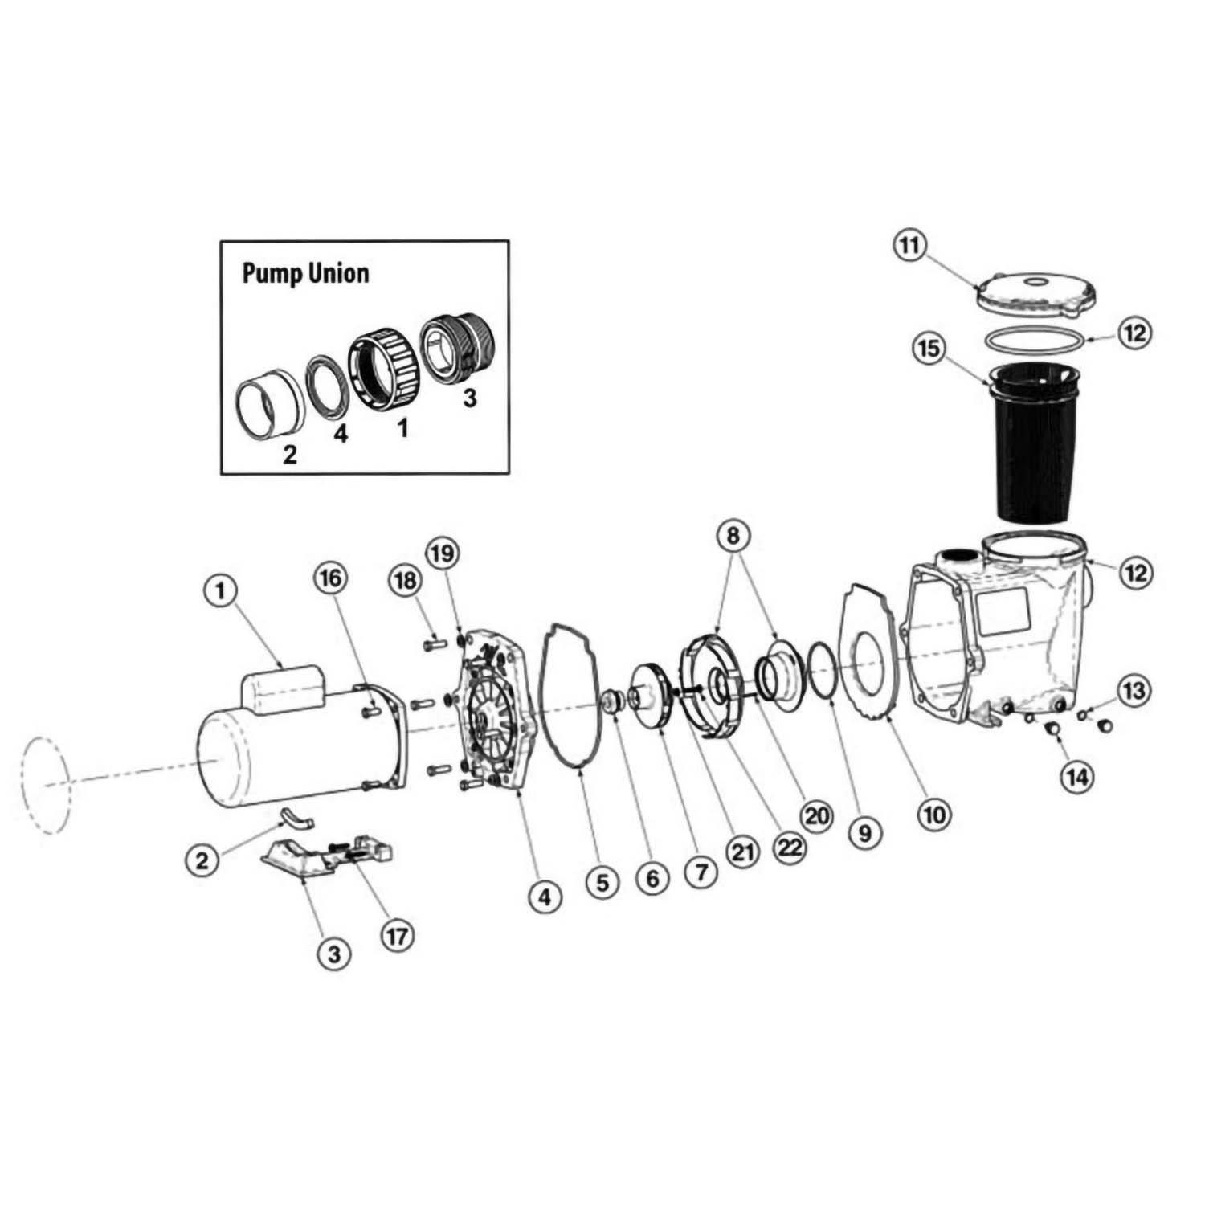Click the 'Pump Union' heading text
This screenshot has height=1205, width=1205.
coord(305,273)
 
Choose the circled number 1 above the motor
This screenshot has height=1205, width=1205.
coord(220,591)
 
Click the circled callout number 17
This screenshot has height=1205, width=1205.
coord(398,935)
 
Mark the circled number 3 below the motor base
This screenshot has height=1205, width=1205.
coord(333,954)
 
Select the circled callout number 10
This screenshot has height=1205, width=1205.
coord(933,815)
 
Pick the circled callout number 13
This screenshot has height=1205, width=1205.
coord(1134,691)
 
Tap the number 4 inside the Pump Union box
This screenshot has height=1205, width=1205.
coord(341,435)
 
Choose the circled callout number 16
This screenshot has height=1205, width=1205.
coord(333,578)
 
